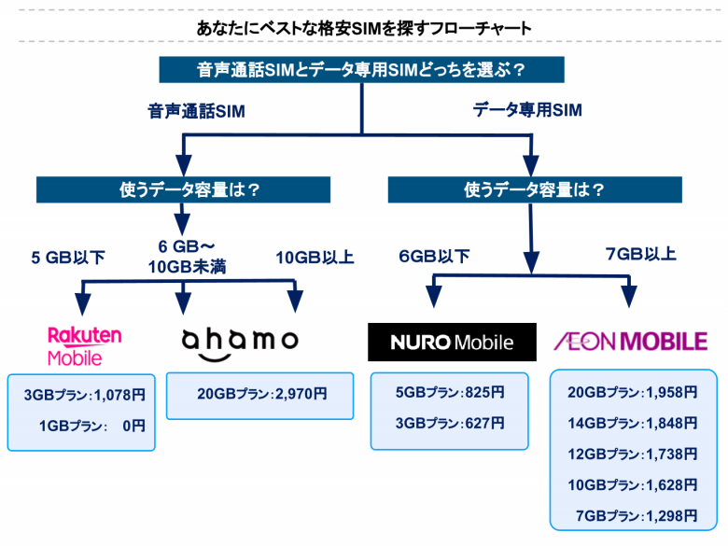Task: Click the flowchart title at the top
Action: coord(364,28)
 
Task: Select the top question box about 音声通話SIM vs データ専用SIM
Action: coord(360,70)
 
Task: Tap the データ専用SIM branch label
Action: coord(527,110)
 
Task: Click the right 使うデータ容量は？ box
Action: coord(534,189)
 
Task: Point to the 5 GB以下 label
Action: coord(69,258)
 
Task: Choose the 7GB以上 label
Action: coord(641,254)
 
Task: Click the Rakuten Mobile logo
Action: coord(84,345)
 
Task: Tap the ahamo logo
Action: coord(240,341)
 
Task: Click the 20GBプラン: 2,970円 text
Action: coord(260,395)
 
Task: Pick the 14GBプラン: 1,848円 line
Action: coord(632,423)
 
